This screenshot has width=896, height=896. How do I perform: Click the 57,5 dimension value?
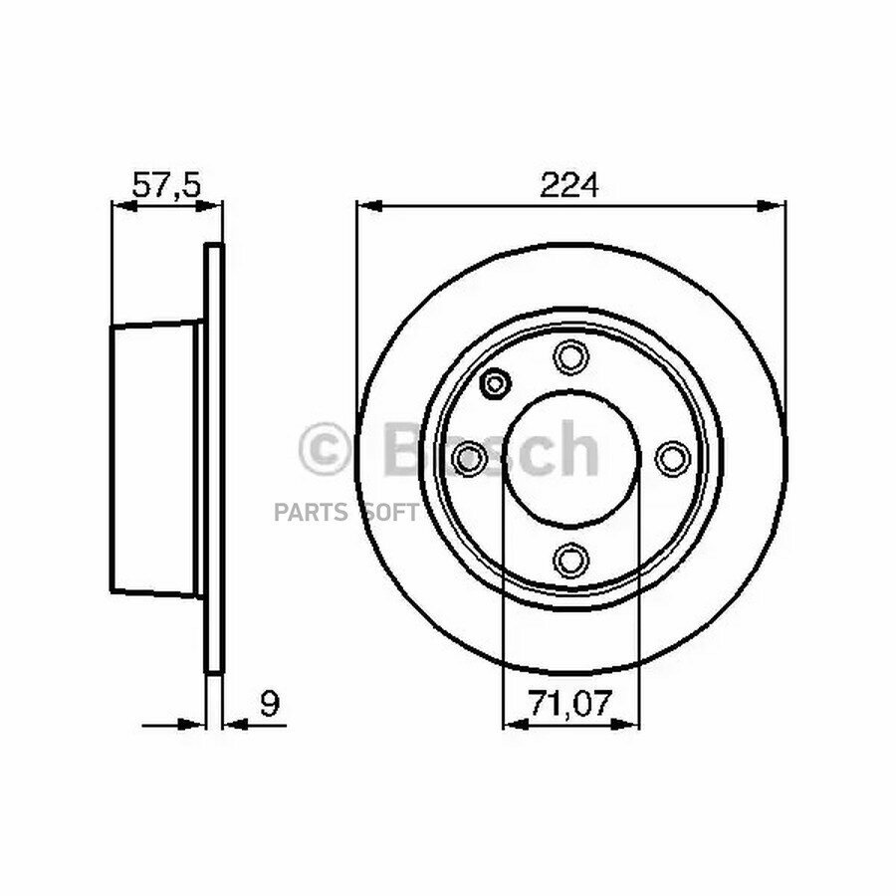pos(167,184)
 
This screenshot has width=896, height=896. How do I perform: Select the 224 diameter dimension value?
pos(569,184)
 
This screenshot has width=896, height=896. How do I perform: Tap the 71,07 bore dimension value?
pos(569,703)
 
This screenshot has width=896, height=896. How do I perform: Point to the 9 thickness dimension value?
pos(270,704)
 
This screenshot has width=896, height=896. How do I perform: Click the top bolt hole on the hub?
pos(570,357)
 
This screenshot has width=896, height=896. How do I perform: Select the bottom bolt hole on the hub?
pos(570,560)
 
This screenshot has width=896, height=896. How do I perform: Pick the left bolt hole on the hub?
pos(469,458)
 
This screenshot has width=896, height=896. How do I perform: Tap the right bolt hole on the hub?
pos(673,458)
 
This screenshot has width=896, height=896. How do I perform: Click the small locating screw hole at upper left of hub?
pos(495,382)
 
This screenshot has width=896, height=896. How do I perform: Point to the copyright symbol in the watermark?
pos(324,449)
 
